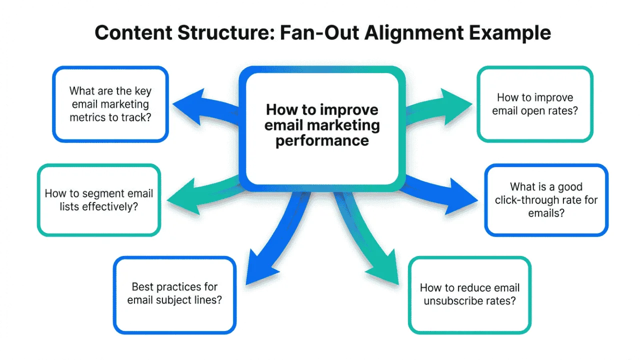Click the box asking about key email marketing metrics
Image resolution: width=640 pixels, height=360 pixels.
tap(110, 104)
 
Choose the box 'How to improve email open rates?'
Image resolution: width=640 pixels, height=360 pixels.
tap(534, 104)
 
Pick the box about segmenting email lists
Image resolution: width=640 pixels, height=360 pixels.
tap(99, 199)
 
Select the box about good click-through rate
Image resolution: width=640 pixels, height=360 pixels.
tap(546, 199)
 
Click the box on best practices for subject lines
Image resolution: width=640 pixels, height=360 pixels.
tap(174, 294)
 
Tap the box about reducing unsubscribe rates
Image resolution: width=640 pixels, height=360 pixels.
tap(469, 294)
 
